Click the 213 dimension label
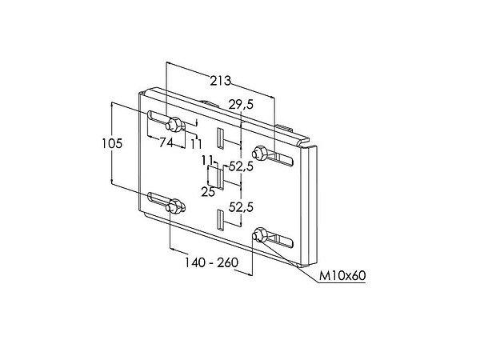221,80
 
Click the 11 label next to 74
196,143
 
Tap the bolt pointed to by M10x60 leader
260,235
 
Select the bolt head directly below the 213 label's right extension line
260,153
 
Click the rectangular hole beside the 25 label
215,178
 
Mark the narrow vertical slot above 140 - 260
218,218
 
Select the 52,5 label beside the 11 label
241,166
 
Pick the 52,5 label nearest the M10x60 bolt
241,206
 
